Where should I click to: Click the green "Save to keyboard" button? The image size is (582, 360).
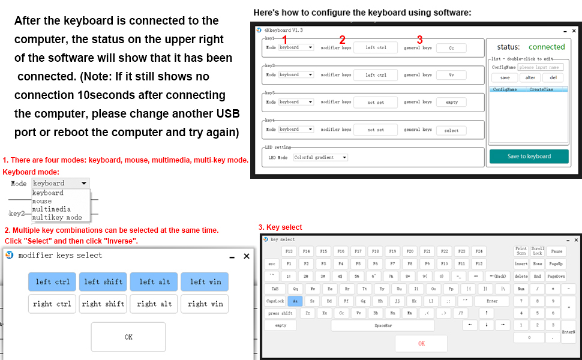click(x=529, y=156)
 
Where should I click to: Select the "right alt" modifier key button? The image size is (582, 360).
click(x=154, y=304)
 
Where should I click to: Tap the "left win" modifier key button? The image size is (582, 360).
click(x=205, y=282)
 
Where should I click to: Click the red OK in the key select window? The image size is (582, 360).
click(x=421, y=343)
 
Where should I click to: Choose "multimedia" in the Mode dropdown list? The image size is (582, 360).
click(x=51, y=209)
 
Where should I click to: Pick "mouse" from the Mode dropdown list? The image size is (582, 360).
click(x=42, y=201)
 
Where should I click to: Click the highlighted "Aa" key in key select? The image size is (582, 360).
click(x=295, y=301)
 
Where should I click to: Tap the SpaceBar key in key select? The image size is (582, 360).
click(x=383, y=325)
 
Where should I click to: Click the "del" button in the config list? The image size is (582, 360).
click(x=553, y=77)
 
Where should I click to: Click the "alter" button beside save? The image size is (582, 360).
click(x=530, y=77)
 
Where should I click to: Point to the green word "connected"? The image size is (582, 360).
click(x=546, y=47)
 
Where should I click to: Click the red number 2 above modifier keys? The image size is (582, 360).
click(x=342, y=40)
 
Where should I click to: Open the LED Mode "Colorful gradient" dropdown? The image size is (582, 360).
click(x=321, y=157)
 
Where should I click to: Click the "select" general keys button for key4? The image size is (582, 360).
click(x=451, y=130)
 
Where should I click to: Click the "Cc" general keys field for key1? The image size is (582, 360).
click(x=451, y=47)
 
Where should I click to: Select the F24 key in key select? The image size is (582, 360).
click(x=479, y=251)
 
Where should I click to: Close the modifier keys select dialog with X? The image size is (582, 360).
click(x=246, y=256)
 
